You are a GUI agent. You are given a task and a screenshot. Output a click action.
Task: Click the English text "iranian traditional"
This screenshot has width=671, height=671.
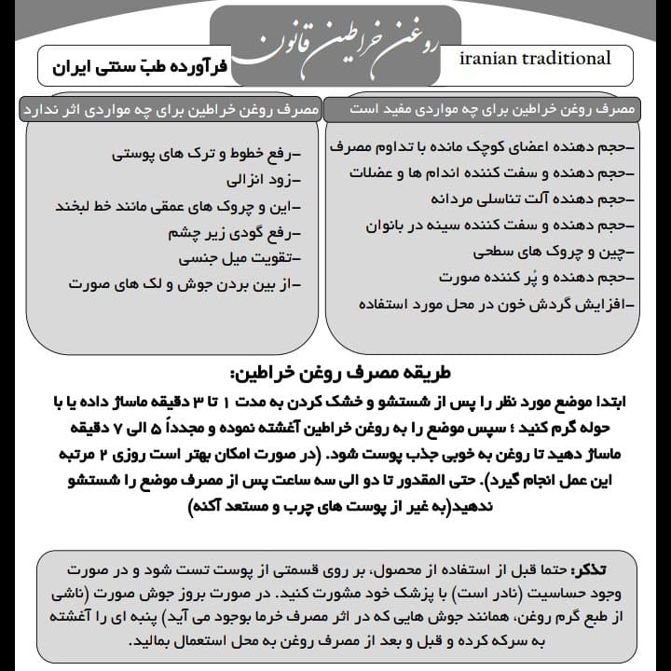[x=536, y=59]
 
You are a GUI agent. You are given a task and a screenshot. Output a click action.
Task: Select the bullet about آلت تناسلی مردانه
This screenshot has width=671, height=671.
[x=531, y=199]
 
